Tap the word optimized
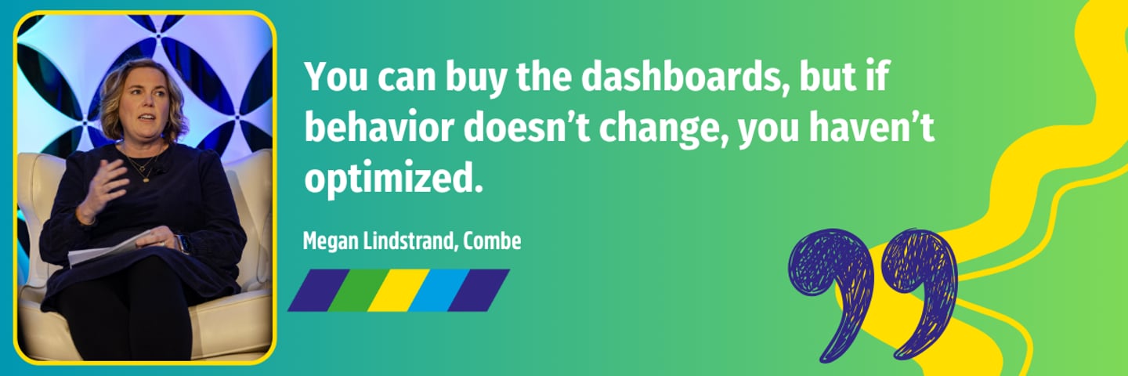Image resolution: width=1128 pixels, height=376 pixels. coord(389,179)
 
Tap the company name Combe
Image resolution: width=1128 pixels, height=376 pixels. coord(492,240)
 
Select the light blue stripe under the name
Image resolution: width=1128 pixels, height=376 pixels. coord(439,290)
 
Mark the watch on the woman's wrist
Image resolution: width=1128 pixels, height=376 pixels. coord(183,244)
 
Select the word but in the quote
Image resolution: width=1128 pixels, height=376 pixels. coord(827,78)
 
